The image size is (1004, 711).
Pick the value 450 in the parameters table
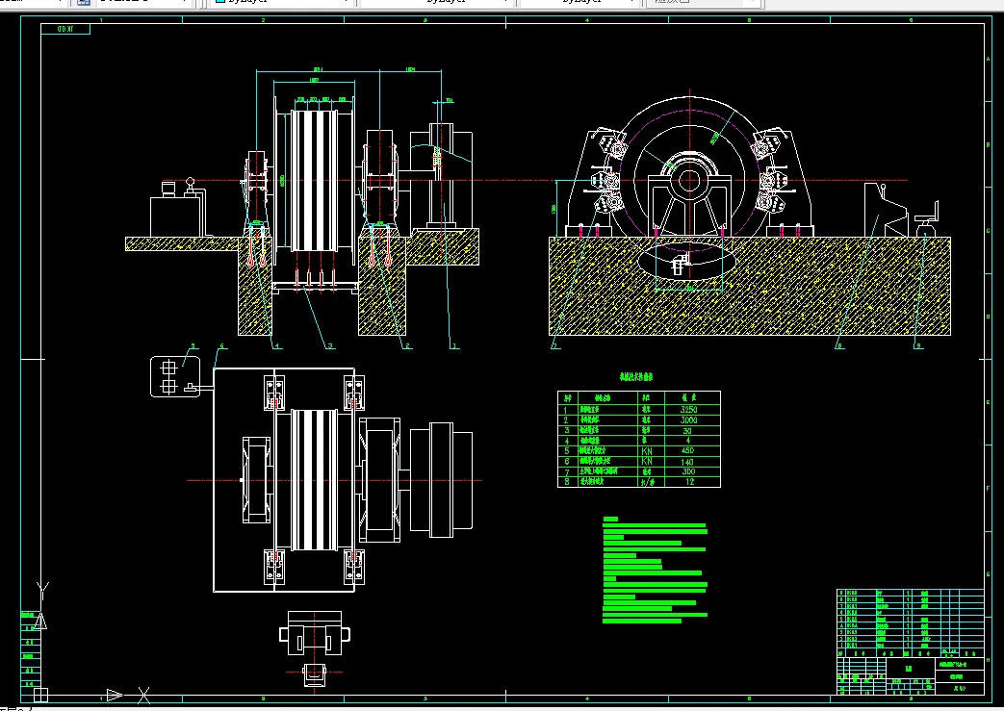pos(686,450)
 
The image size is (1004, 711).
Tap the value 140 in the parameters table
pos(686,462)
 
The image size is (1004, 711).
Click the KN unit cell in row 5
pos(648,450)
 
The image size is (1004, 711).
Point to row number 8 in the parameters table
pos(567,482)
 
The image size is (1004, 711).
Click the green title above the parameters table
pos(638,379)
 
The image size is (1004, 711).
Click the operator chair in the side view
pos(927,218)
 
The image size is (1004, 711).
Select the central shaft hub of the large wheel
pos(690,180)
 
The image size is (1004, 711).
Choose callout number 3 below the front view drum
pos(330,343)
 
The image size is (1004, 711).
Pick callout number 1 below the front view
pos(454,343)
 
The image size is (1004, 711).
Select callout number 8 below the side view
pos(839,343)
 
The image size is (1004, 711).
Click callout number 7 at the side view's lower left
pos(555,343)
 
